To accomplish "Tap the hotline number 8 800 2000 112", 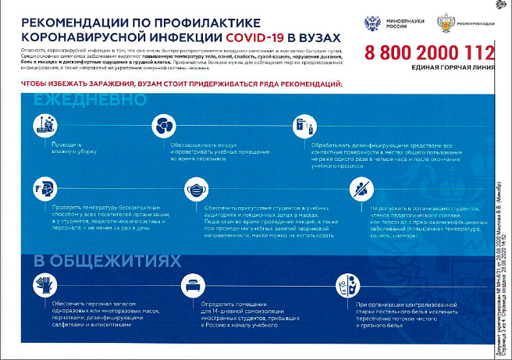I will point(429,55).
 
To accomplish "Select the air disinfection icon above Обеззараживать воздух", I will point(164,125).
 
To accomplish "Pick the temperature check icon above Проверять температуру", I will point(44,188).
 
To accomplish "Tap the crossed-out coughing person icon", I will point(361,188).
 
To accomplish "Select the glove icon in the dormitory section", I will point(44,282).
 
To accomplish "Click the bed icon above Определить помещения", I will point(194,282).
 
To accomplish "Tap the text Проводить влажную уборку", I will point(68,149).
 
